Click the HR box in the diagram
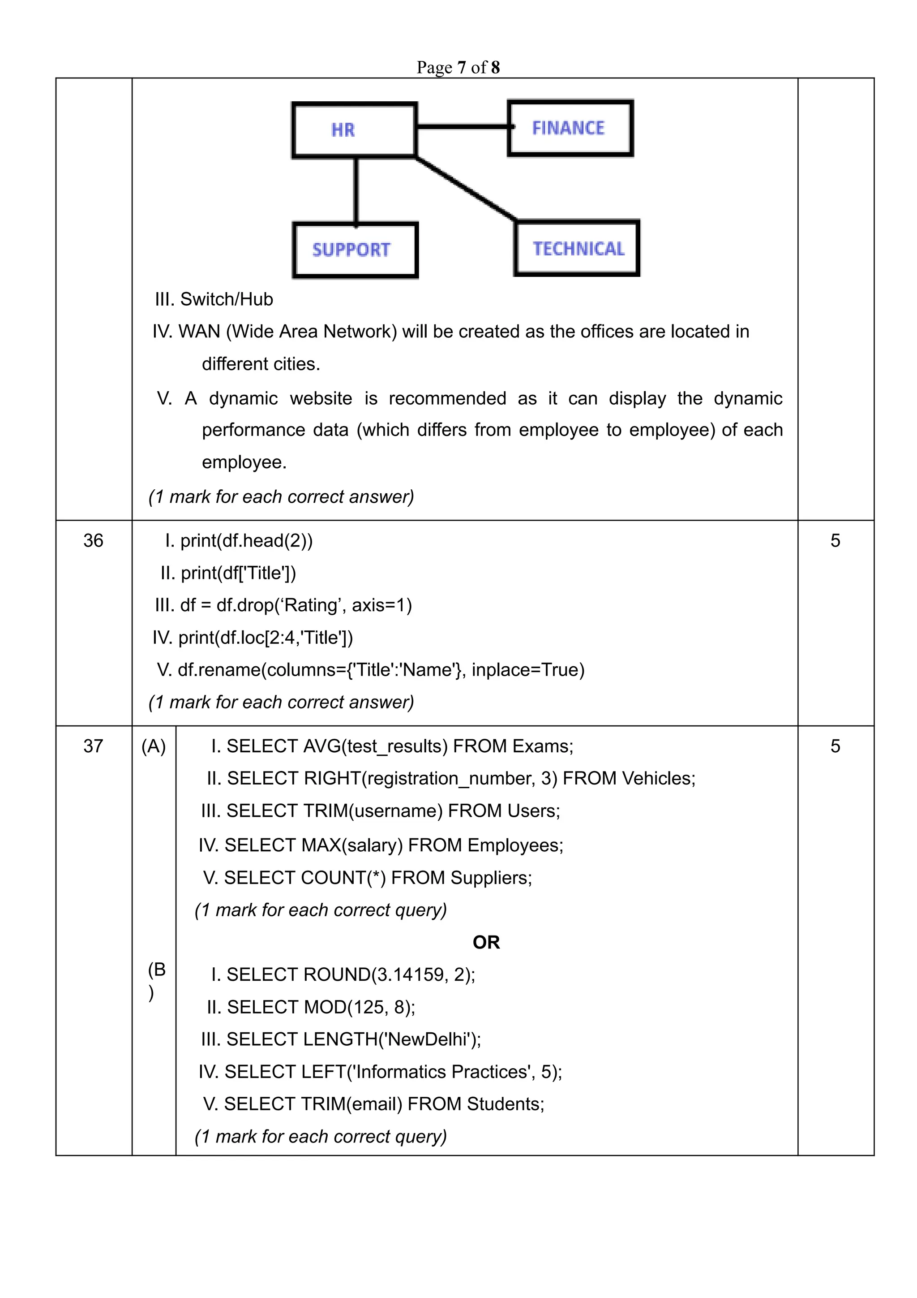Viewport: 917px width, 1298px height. click(x=354, y=129)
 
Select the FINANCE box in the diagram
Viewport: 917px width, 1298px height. click(x=570, y=128)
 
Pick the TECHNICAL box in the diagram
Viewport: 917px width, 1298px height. click(x=577, y=248)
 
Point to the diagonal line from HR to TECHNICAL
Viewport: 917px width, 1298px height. click(x=466, y=188)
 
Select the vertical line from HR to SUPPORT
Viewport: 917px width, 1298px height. click(x=356, y=190)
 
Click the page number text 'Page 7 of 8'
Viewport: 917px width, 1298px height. click(x=458, y=67)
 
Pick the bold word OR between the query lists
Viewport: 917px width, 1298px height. click(x=486, y=942)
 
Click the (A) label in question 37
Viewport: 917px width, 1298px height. click(x=154, y=746)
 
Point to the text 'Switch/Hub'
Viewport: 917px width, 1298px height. click(x=226, y=299)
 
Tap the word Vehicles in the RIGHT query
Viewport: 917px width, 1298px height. click(x=658, y=778)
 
